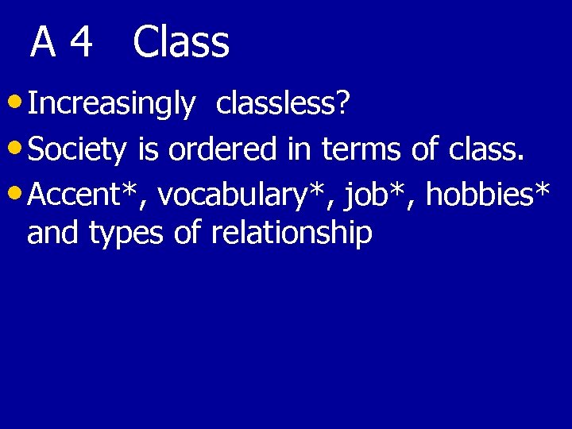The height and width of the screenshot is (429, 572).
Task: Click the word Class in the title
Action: (181, 43)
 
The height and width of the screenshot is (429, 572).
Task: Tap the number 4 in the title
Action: (81, 44)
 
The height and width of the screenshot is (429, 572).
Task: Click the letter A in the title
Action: (43, 44)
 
